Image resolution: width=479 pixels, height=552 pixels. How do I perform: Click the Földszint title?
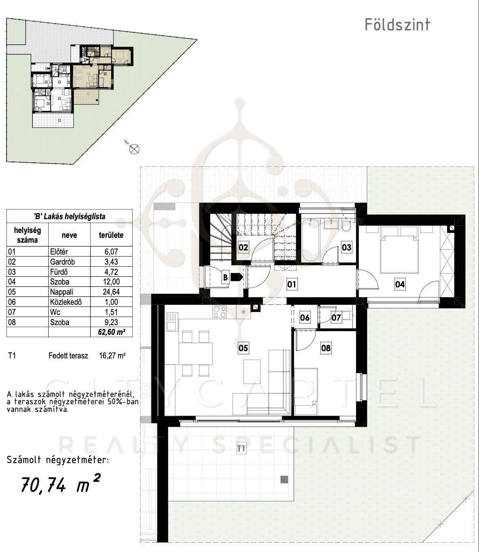pyautogui.click(x=397, y=25)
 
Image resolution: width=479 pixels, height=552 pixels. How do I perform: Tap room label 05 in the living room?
pyautogui.click(x=243, y=348)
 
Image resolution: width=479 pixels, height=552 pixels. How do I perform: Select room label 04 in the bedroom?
pyautogui.click(x=400, y=284)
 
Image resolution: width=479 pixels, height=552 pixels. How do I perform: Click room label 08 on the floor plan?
pyautogui.click(x=326, y=348)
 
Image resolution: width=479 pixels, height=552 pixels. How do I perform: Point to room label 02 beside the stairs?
pyautogui.click(x=243, y=248)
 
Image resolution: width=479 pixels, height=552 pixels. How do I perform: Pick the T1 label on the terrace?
pyautogui.click(x=241, y=448)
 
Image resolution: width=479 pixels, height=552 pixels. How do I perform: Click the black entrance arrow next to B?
pyautogui.click(x=237, y=277)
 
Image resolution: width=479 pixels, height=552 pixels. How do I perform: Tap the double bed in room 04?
pyautogui.click(x=399, y=250)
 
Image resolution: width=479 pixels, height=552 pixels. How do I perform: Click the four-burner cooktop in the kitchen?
pyautogui.click(x=219, y=312)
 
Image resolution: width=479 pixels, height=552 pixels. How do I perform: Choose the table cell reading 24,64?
pyautogui.click(x=111, y=292)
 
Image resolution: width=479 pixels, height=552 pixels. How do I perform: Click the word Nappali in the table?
pyautogui.click(x=62, y=292)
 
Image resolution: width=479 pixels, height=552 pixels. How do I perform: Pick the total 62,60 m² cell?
pyautogui.click(x=112, y=332)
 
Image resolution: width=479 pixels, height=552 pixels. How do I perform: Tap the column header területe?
pyautogui.click(x=111, y=235)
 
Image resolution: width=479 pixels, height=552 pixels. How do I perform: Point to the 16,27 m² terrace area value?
pyautogui.click(x=112, y=356)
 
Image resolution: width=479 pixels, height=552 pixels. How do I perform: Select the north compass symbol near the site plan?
pyautogui.click(x=134, y=149)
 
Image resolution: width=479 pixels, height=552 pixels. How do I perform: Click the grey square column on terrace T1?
pyautogui.click(x=284, y=479)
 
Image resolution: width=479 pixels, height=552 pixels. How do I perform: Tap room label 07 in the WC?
pyautogui.click(x=336, y=317)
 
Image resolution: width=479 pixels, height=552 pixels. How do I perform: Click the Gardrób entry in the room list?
pyautogui.click(x=63, y=262)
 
